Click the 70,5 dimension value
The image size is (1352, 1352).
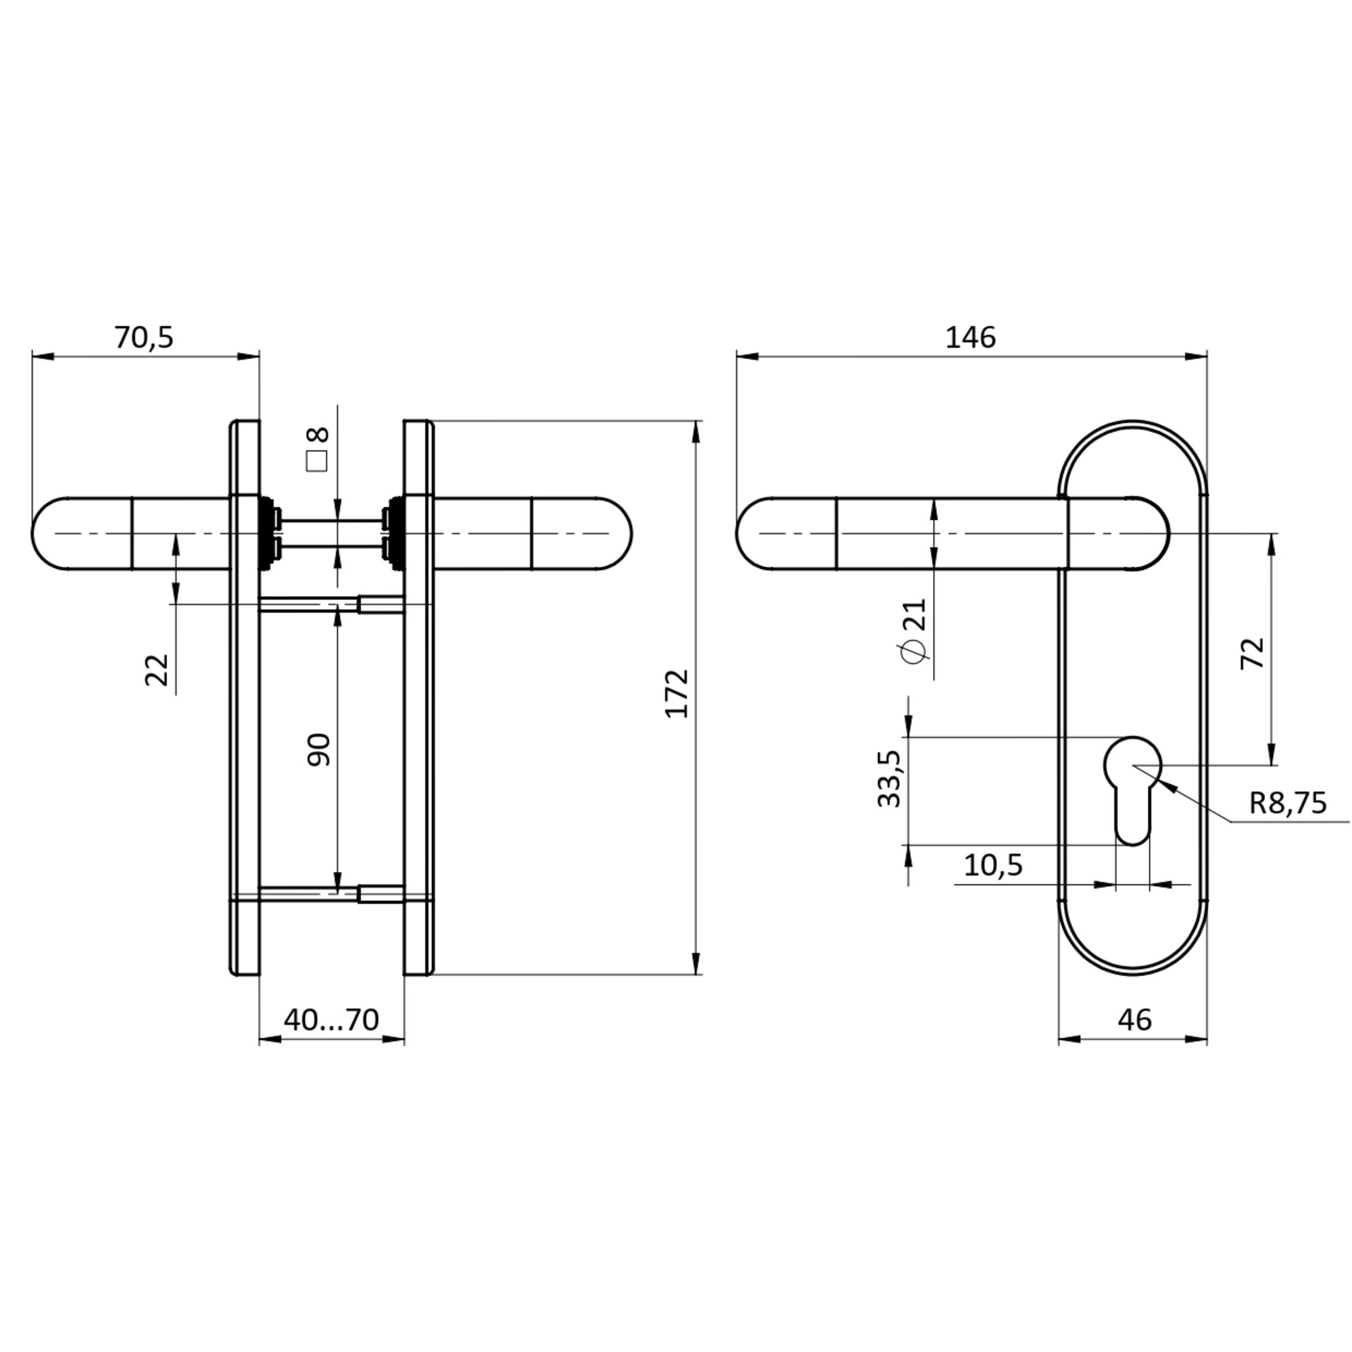(143, 338)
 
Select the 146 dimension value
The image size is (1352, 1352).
(970, 338)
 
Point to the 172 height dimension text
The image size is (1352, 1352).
(677, 694)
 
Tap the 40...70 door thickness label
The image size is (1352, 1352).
(331, 1019)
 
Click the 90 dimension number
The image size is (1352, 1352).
(319, 750)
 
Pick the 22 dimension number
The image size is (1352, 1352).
(158, 670)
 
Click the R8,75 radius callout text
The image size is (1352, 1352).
(1287, 803)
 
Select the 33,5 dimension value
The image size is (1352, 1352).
(890, 779)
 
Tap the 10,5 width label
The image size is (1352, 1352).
(993, 866)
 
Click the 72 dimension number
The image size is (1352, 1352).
(1253, 654)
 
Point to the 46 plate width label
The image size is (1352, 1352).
(1134, 1020)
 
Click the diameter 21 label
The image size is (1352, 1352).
(915, 630)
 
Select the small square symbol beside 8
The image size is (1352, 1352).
(317, 462)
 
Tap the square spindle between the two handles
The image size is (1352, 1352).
(332, 534)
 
